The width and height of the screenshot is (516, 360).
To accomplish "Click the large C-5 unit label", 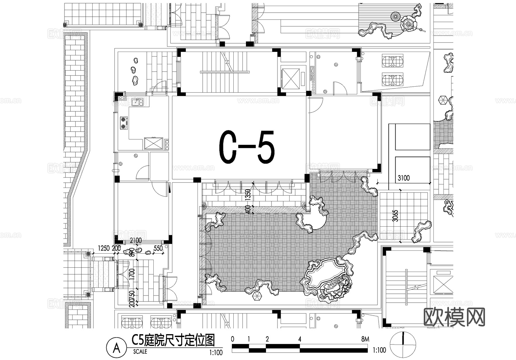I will pyautogui.click(x=247, y=147).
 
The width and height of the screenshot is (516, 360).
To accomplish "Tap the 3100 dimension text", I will pyautogui.click(x=403, y=178).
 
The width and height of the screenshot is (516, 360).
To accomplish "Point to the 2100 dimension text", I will pyautogui.click(x=136, y=240).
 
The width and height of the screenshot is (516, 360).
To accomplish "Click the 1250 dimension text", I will pyautogui.click(x=104, y=248).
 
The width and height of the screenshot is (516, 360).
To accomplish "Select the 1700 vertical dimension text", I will pyautogui.click(x=132, y=275).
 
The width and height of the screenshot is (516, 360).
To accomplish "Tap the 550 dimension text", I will pyautogui.click(x=158, y=248).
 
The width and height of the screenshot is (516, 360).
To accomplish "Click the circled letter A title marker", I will pyautogui.click(x=116, y=349).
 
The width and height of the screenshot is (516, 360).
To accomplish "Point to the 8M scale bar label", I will pyautogui.click(x=365, y=339).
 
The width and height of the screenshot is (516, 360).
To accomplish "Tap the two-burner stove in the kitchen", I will pyautogui.click(x=124, y=122).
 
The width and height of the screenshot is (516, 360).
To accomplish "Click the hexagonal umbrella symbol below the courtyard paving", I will pyautogui.click(x=257, y=297).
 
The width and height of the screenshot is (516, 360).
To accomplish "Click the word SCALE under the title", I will pyautogui.click(x=140, y=351).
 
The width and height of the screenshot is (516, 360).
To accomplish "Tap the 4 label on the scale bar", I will pyautogui.click(x=300, y=339).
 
